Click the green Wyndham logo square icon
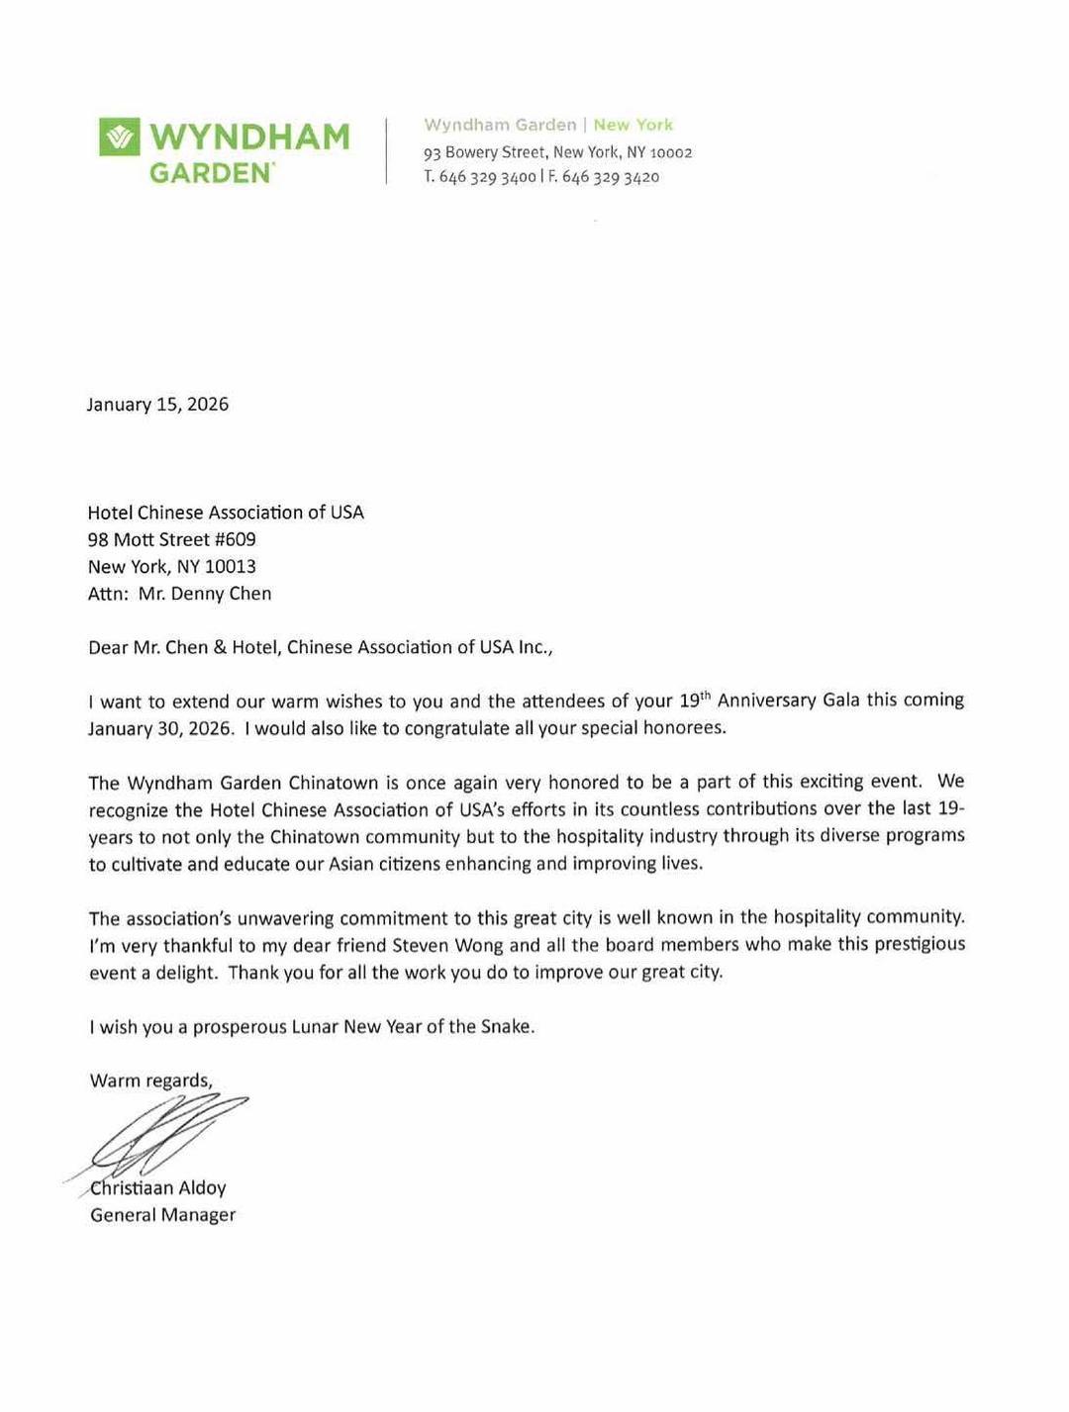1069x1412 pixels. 119,137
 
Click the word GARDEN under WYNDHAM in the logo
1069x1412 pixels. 211,173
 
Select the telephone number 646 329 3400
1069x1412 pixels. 487,177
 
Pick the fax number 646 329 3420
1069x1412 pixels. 610,177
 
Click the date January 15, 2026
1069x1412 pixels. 157,404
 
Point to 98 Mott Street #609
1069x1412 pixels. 171,539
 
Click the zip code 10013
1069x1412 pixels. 230,566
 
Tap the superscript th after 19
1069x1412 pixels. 706,695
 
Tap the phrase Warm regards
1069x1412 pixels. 150,1080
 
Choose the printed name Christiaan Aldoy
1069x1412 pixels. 158,1187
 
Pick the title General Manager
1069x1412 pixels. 162,1214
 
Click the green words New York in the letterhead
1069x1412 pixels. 632,125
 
